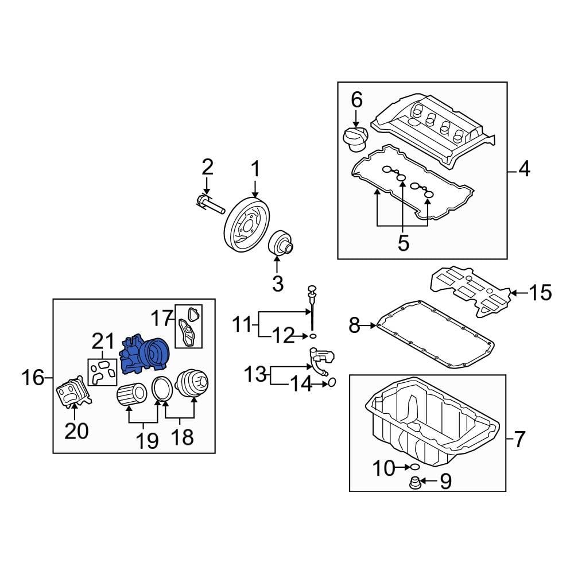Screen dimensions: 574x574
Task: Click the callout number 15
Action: [x=539, y=293]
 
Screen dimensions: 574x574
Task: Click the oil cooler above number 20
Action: [x=72, y=393]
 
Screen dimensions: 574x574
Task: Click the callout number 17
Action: [x=162, y=317]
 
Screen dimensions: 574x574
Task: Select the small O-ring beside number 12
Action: [x=312, y=335]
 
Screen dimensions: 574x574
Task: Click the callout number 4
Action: [x=524, y=170]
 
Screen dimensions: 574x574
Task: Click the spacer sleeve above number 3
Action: [x=281, y=244]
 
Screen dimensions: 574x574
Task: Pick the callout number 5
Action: [x=403, y=243]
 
